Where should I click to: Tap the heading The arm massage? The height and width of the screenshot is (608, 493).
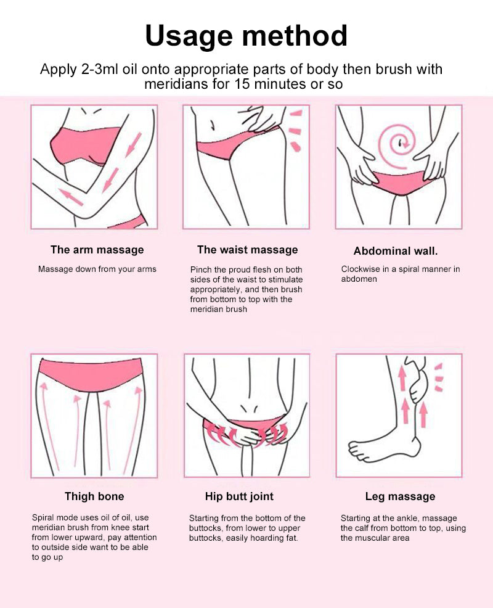97,250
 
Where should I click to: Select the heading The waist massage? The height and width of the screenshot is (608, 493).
247,250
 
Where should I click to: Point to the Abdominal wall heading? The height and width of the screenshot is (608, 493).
396,251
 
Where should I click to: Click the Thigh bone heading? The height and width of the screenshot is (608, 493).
94,496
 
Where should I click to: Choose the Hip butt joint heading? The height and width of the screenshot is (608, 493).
239,496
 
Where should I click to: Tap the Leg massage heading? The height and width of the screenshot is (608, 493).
400,497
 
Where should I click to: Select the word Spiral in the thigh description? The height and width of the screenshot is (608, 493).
43,518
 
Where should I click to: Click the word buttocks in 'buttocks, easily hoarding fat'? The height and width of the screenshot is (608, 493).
205,538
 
